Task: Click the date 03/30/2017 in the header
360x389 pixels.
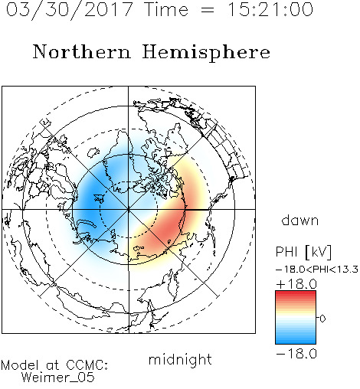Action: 70,10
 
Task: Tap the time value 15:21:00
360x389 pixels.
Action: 270,9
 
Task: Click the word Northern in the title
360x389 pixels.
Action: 82,52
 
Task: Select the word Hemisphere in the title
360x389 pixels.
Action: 206,53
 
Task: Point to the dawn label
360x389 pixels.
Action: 300,221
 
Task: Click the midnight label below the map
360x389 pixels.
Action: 180,359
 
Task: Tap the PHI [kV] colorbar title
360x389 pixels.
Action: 303,252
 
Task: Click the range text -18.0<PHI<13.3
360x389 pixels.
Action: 317,270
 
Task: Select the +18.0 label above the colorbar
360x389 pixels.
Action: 296,284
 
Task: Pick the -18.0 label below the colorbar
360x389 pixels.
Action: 296,354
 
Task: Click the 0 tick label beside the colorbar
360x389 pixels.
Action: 322,319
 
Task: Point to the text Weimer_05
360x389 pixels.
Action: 57,378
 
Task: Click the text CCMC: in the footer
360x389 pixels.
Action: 87,365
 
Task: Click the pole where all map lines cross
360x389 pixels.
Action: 129,209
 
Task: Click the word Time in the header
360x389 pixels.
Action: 166,10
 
